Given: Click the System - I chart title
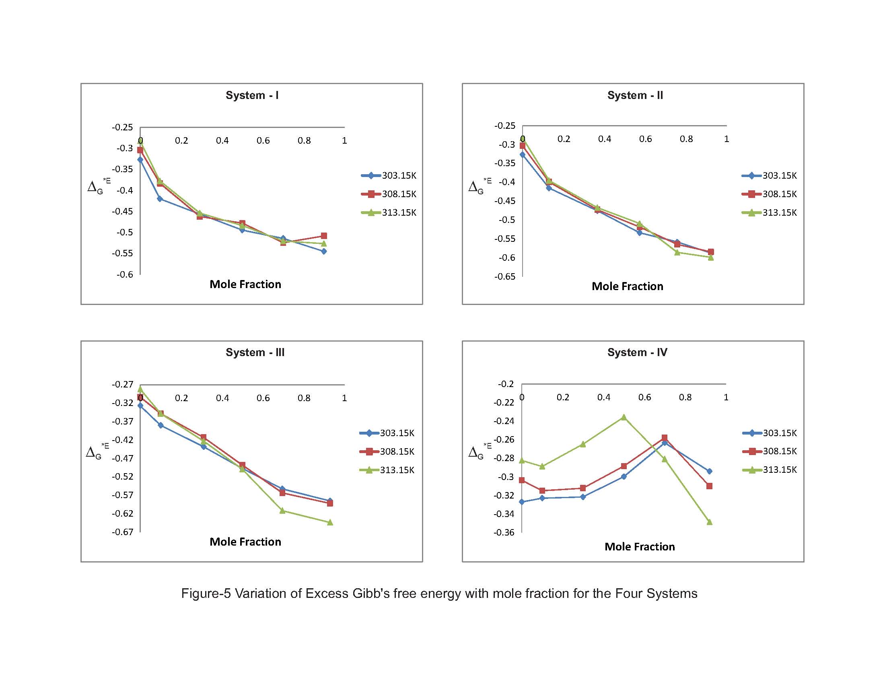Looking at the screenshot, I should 252,95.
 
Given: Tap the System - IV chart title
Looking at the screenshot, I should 637,352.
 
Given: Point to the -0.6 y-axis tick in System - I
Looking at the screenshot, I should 125,274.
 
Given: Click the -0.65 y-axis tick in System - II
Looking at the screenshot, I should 504,276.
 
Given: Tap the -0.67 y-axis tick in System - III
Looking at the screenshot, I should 122,532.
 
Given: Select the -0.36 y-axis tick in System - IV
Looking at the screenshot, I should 504,532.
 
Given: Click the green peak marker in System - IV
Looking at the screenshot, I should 624,417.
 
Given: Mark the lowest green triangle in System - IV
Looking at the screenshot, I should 709,522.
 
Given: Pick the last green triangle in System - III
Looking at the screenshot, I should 330,522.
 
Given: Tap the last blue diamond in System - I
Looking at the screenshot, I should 324,251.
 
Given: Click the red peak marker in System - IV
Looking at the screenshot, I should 665,438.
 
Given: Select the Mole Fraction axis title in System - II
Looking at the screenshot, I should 627,286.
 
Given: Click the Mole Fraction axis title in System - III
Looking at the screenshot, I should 245,542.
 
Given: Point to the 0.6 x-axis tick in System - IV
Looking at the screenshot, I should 644,397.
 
